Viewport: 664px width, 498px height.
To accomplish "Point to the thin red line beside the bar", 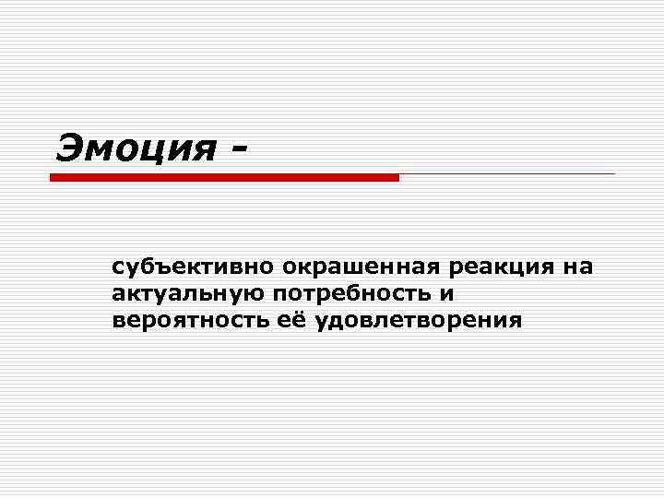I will [506, 173].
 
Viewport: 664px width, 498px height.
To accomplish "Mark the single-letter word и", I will [449, 294].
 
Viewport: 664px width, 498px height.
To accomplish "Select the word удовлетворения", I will [418, 321].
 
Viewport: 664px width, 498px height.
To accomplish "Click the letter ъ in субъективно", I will [153, 268].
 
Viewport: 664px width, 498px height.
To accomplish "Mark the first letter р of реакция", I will [456, 270].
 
